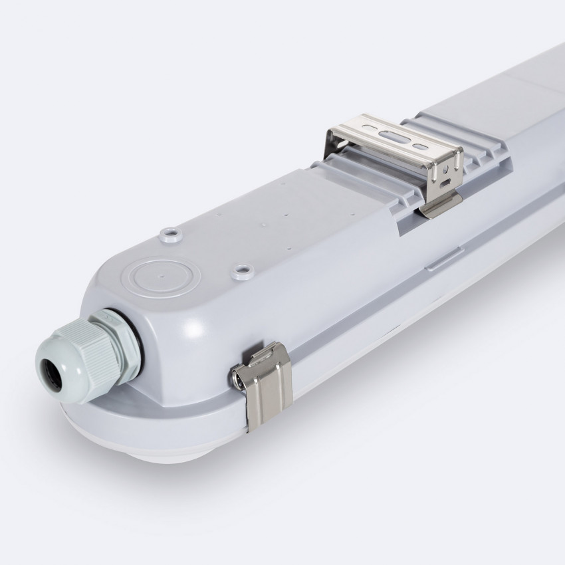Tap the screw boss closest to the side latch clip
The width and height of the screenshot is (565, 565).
point(242,271)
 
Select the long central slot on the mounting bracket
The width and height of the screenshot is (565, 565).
point(393,136)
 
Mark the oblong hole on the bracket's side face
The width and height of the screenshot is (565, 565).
point(445,181)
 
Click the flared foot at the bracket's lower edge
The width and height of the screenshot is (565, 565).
point(439,207)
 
